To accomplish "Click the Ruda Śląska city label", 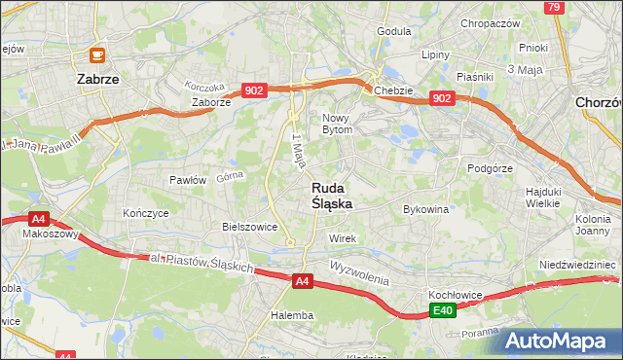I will coord(332,196).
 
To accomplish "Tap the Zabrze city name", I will coord(97,81).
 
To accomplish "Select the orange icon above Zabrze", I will coord(96,56).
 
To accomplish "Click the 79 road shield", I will coord(554,8).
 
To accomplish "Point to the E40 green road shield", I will coord(443,310).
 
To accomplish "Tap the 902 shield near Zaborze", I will coord(254,90).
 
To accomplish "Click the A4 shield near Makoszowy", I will coord(38,220).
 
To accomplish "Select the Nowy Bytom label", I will coord(343,123).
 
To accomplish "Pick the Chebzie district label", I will coord(393,90).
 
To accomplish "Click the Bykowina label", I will coord(425,209).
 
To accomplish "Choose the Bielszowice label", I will coord(250,227).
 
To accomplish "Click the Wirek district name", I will coord(344,238).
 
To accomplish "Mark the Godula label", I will coord(394,31).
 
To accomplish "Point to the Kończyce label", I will coord(141,212).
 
